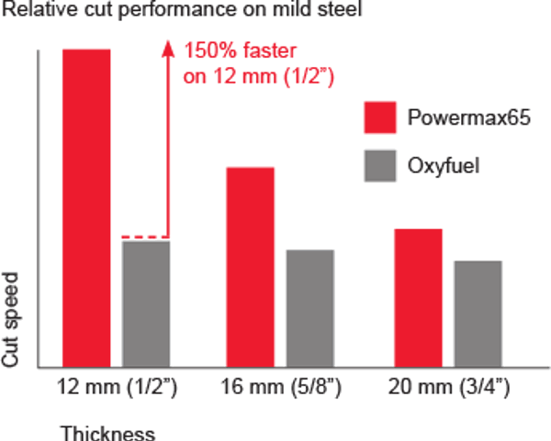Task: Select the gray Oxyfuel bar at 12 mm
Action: click(147, 303)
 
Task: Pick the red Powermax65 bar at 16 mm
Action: click(250, 267)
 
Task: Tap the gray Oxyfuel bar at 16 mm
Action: click(310, 308)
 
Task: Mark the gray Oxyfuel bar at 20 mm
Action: click(478, 314)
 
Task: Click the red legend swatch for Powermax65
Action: click(379, 118)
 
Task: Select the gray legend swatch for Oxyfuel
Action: click(379, 165)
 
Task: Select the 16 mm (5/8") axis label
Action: click(281, 387)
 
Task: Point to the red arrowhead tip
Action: click(168, 41)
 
